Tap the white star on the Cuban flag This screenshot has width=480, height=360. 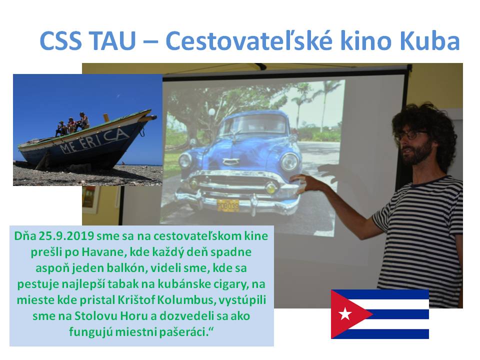point(345,314)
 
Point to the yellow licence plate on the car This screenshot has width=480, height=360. point(228,205)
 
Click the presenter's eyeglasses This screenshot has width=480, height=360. point(411,135)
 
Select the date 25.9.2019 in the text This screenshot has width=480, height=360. point(66,236)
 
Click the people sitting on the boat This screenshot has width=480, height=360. point(72,123)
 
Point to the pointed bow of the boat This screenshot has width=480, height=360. point(153,116)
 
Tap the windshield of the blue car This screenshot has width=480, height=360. point(256,124)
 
